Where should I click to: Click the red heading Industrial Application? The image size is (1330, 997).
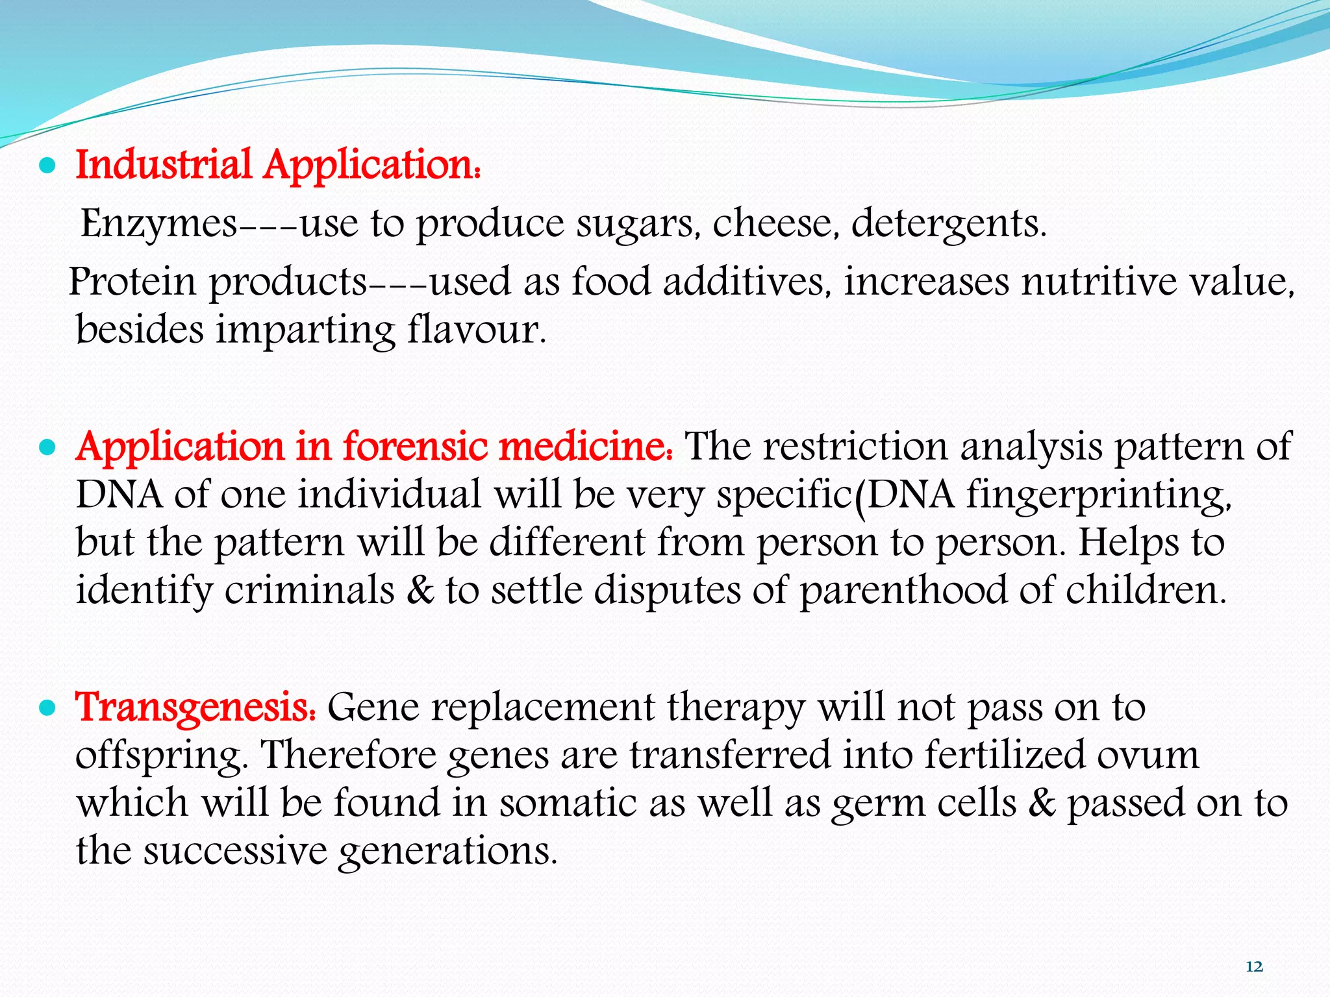pos(278,165)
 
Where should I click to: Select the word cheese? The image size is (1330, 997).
pos(772,224)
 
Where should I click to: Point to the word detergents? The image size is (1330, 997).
pos(949,224)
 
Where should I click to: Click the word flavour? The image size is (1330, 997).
pos(477,330)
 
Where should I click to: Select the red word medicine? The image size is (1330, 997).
pos(584,447)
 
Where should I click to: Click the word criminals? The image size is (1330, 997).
pos(310,591)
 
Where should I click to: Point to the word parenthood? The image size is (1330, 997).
pos(902,591)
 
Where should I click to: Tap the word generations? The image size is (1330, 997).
pos(447,851)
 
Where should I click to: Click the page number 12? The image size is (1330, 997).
pos(1254,966)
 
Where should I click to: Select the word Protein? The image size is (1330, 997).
pos(132,282)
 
